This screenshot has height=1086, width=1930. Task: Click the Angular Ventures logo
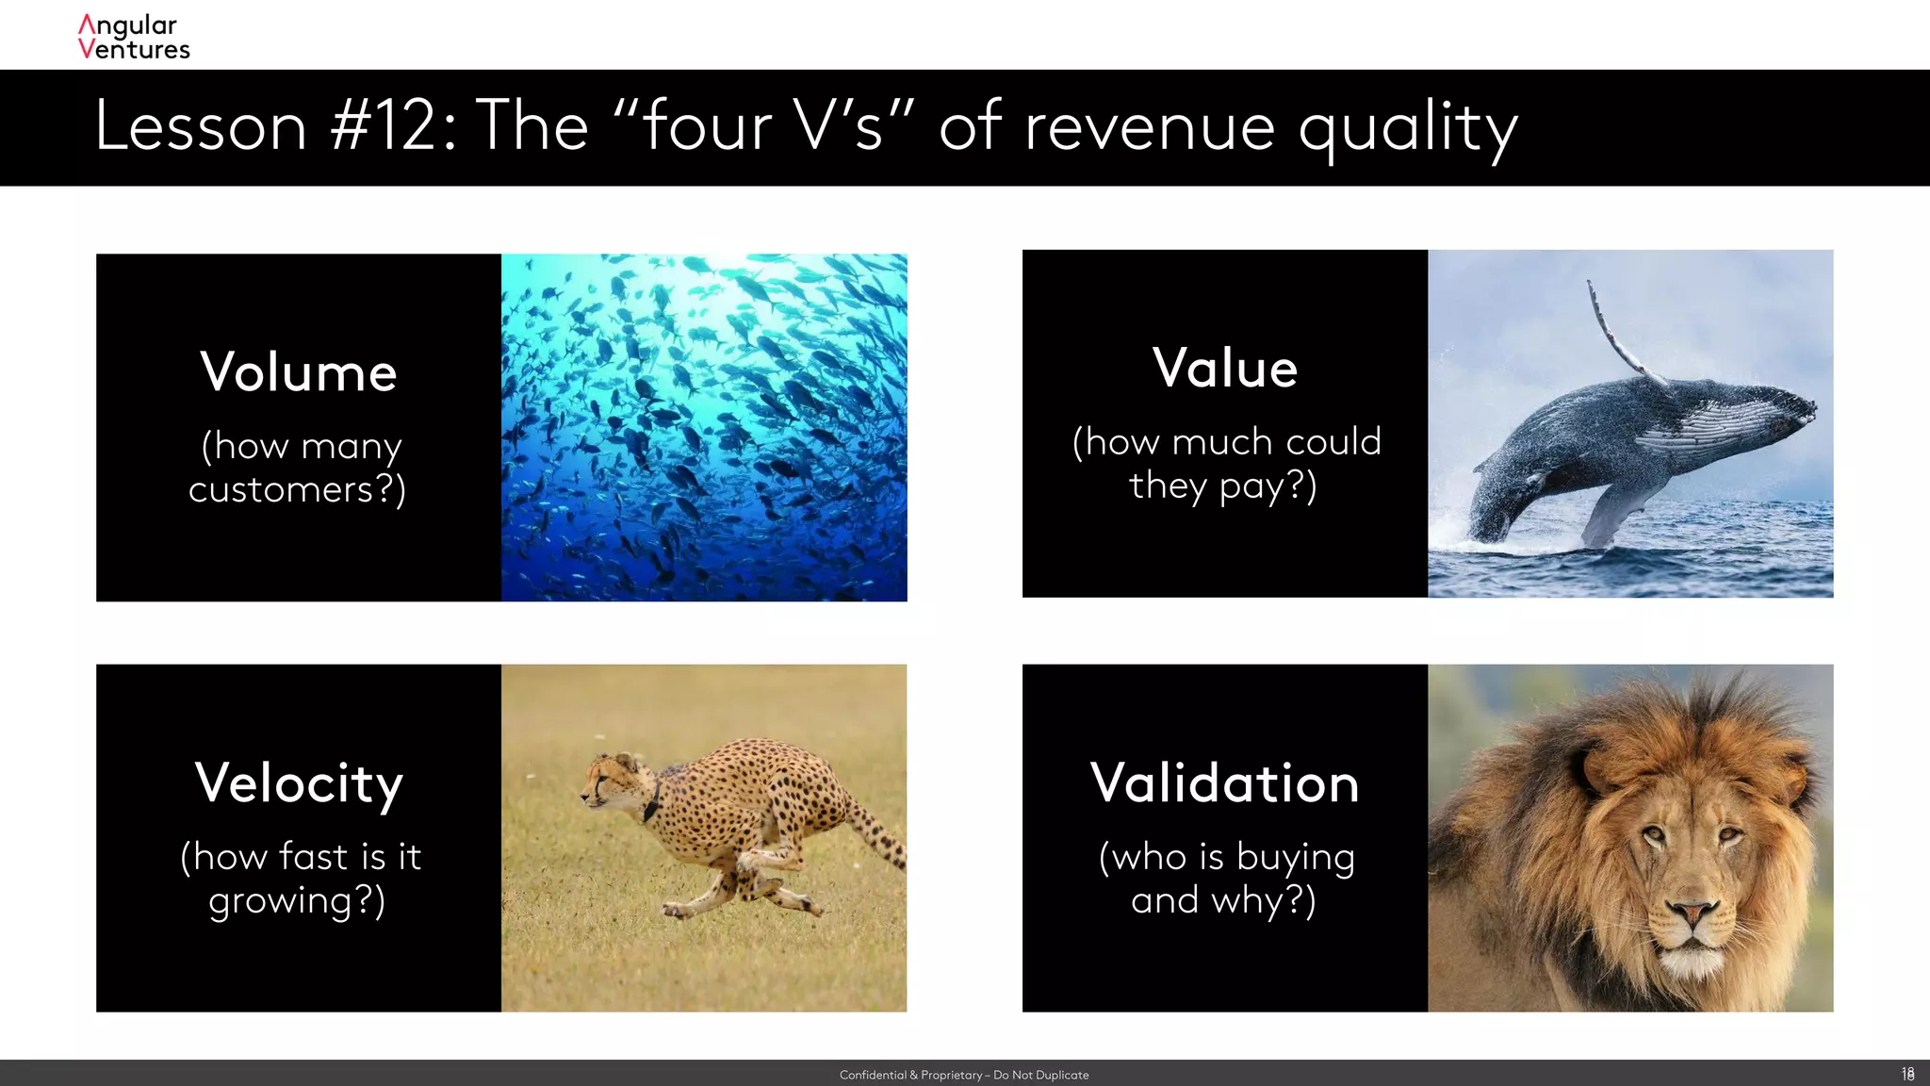[134, 38]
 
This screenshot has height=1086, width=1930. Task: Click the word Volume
[299, 372]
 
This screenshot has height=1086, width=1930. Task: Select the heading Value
[1225, 368]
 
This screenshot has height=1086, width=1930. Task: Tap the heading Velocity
[299, 783]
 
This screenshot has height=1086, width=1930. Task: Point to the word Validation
[1225, 783]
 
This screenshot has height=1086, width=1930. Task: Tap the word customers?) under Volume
[297, 490]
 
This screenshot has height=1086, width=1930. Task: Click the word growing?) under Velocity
[297, 901]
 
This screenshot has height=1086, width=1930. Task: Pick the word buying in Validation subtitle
[1295, 858]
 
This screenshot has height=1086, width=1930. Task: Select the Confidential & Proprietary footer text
[964, 1075]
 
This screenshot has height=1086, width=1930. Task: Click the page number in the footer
[1907, 1074]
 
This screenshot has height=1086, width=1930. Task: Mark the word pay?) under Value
[1268, 487]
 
